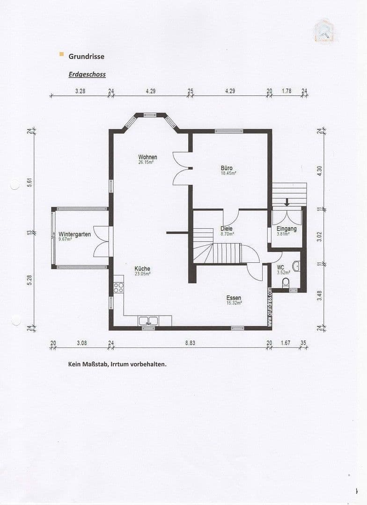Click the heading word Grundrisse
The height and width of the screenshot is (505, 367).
pos(87,56)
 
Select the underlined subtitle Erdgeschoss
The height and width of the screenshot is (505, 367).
pos(87,74)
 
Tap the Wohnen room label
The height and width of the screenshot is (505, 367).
pos(147,157)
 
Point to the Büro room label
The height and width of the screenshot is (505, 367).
pos(227,168)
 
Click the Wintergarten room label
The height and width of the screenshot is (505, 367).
pos(74,234)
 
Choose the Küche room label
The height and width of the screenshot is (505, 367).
pos(142,269)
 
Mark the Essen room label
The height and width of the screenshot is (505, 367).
pos(234,298)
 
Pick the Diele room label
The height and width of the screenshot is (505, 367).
pos(227,229)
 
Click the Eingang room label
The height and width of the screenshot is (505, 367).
pos(286,229)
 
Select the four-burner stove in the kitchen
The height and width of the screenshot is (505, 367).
pos(118,288)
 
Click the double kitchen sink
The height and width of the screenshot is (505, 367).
pos(149,321)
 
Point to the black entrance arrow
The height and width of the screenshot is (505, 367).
pos(287,202)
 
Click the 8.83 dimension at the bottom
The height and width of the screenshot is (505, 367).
pos(190,343)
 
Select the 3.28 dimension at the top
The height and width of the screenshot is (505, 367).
pos(80,91)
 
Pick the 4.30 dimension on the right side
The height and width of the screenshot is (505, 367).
pos(320,171)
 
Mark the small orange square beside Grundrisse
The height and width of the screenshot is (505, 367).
pos(61,55)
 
